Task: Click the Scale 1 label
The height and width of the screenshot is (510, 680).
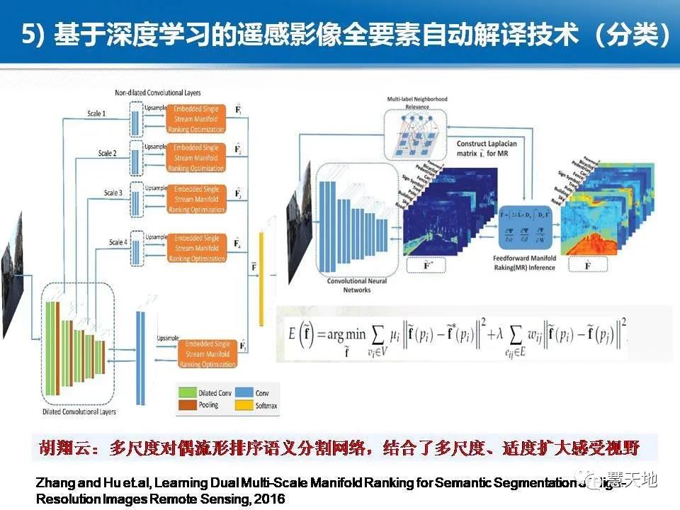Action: [115, 113]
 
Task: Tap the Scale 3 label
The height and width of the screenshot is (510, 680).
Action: [113, 193]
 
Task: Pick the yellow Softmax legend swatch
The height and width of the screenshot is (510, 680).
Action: [243, 405]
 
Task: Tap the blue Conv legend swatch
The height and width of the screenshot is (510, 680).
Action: [243, 392]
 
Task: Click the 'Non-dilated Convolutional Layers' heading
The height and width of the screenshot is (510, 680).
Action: [157, 93]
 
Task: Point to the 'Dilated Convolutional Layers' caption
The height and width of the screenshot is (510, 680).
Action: [79, 412]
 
